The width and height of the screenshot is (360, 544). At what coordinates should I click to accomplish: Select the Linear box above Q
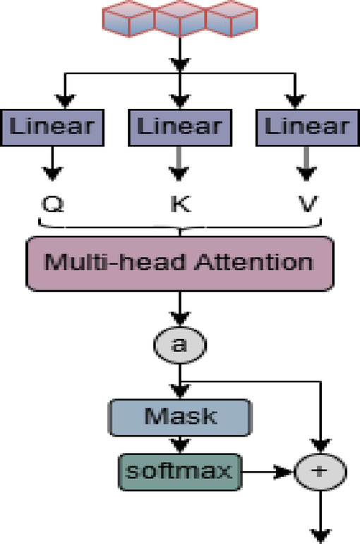coord(53,128)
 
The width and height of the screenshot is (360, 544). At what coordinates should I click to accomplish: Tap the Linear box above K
coord(180,128)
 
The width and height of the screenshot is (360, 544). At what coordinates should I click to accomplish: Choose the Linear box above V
coord(306,128)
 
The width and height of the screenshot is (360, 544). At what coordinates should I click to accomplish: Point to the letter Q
coord(53,206)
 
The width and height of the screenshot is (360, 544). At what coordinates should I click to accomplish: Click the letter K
coord(179,206)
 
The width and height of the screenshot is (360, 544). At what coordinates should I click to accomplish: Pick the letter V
coord(307,206)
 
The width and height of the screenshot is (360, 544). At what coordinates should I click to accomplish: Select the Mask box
coord(180,417)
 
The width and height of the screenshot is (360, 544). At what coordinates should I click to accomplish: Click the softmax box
coord(180,470)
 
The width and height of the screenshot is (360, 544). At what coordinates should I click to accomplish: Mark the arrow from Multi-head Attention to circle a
coord(180,308)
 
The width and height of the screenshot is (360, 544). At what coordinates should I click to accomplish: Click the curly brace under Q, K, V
coord(180,227)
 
